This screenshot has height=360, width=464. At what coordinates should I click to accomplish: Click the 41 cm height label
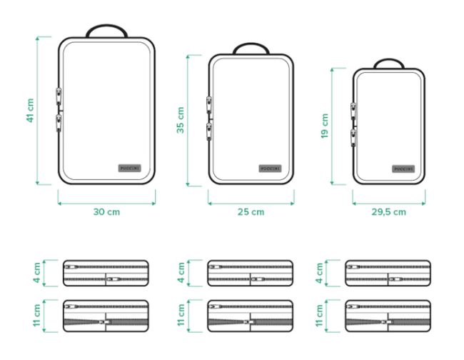click(30, 111)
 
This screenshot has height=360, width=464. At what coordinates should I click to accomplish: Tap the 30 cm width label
click(106, 212)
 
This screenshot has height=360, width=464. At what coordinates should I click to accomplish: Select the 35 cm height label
click(180, 120)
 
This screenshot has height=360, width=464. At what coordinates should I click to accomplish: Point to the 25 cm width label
click(251, 212)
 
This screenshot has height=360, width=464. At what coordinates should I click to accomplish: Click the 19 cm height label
click(325, 126)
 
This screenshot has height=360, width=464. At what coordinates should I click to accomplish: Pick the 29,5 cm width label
click(389, 212)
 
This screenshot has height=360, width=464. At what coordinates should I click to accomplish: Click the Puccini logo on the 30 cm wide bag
click(130, 168)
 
